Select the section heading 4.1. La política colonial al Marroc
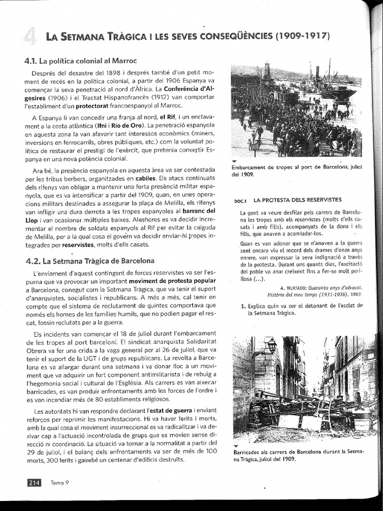80,61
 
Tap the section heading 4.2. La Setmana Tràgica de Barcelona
90,260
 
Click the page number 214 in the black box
33,482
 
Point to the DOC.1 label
240,201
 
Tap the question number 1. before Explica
243,306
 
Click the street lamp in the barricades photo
271,344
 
